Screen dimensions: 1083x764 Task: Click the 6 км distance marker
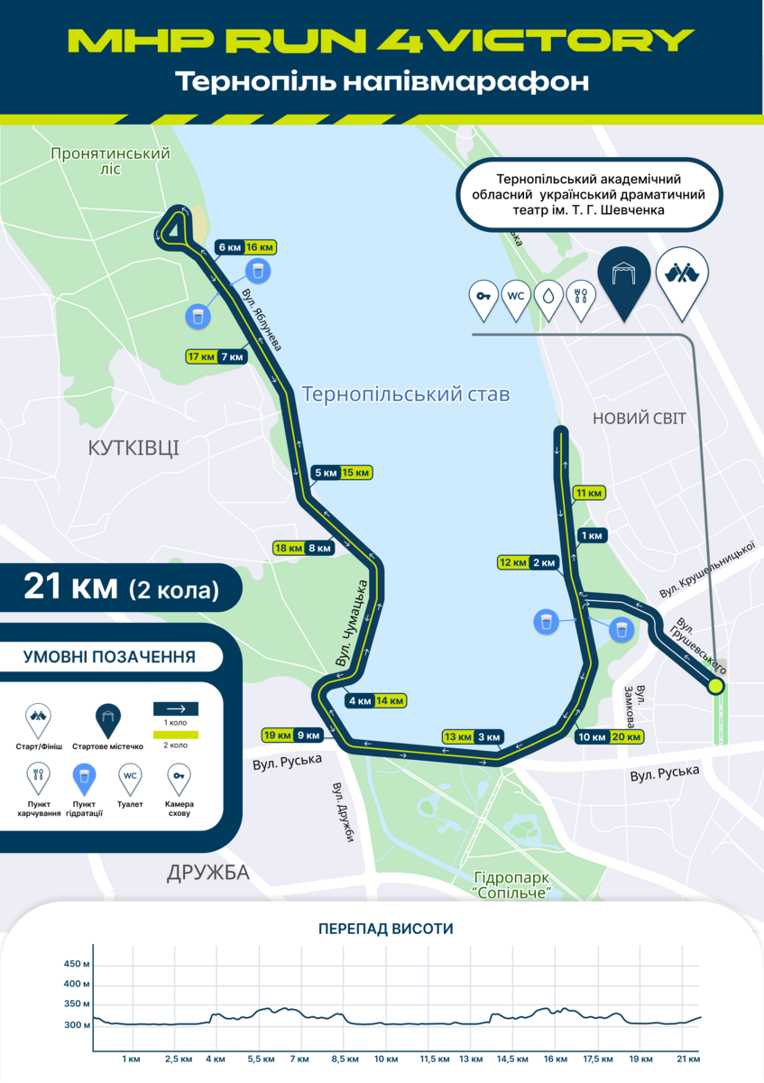(x=229, y=247)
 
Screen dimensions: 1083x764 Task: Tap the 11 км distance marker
(x=588, y=493)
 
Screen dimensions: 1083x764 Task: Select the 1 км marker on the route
(x=593, y=536)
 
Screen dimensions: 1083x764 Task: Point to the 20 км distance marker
(x=627, y=736)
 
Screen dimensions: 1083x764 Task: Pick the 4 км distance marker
(x=359, y=700)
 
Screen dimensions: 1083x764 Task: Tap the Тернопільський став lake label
(x=406, y=394)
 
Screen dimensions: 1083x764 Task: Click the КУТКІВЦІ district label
(x=133, y=447)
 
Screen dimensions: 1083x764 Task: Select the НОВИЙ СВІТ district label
(x=639, y=418)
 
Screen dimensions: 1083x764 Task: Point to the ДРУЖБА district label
(x=207, y=873)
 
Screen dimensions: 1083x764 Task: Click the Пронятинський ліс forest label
(x=111, y=161)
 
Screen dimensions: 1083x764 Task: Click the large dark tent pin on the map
(x=623, y=275)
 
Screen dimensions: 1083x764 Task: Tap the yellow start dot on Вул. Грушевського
(x=716, y=686)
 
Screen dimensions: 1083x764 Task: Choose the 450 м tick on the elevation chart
(x=77, y=964)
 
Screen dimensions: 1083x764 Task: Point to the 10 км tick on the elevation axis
(x=386, y=1058)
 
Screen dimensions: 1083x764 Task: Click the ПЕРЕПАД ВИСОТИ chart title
(x=385, y=929)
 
